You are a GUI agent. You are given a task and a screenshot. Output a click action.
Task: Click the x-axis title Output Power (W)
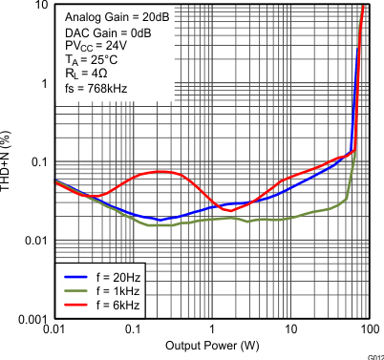[211, 345]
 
